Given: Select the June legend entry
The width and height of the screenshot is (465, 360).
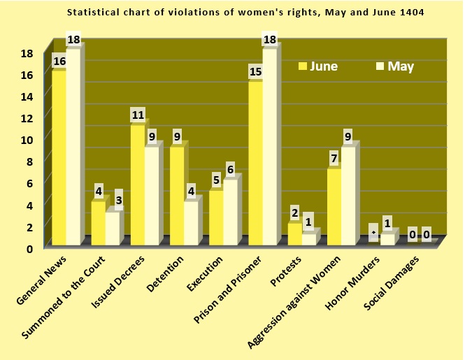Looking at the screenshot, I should point(318,66).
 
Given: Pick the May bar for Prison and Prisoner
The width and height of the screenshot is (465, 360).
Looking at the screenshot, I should point(269,147).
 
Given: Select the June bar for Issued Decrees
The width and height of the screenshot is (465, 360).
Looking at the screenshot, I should point(137,185).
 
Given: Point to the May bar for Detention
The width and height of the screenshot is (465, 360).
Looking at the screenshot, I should point(191,223).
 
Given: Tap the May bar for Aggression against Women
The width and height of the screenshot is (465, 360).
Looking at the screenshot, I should point(348,196).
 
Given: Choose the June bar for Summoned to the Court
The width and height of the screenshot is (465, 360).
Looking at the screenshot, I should point(98,223).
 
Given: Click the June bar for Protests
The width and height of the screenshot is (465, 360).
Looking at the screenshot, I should point(294,234).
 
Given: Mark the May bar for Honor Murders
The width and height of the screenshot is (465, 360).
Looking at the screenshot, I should point(387,239).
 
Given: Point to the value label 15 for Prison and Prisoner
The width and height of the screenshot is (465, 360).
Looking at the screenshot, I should point(255,72).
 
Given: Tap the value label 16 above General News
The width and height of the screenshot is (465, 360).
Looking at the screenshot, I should point(59,62).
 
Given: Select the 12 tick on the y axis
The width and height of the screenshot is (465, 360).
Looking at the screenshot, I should point(27,118).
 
